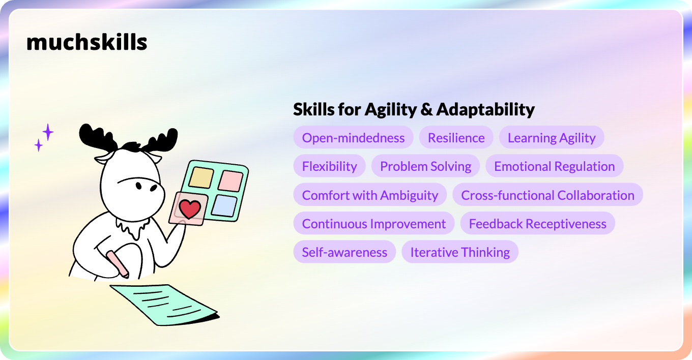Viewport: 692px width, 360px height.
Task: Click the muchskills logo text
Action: click(x=87, y=42)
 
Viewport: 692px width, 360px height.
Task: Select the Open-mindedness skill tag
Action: click(x=353, y=137)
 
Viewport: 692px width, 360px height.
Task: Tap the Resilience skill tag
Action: click(x=456, y=137)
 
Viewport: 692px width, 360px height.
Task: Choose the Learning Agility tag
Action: click(x=552, y=137)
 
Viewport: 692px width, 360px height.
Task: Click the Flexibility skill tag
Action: click(x=329, y=166)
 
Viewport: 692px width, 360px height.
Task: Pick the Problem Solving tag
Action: click(x=425, y=166)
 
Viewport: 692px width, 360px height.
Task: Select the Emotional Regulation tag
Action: click(x=554, y=166)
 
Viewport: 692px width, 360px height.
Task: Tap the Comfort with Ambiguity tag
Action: click(x=370, y=195)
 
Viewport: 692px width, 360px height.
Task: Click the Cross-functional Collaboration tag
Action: click(x=547, y=195)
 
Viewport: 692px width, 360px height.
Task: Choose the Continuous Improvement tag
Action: click(x=374, y=223)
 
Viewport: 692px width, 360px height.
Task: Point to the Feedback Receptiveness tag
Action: click(x=537, y=223)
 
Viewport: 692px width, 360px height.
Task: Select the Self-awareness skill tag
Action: click(x=344, y=252)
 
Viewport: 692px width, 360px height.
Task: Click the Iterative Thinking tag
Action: click(x=459, y=252)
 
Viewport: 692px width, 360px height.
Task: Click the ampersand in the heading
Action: click(x=426, y=110)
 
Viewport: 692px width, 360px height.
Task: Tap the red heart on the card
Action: click(x=190, y=208)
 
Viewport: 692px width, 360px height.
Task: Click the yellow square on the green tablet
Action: click(x=201, y=177)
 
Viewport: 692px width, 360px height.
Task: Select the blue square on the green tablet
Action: click(x=224, y=205)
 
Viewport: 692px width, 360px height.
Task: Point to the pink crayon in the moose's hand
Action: click(x=118, y=264)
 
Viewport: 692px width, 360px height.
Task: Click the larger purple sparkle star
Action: click(x=48, y=132)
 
